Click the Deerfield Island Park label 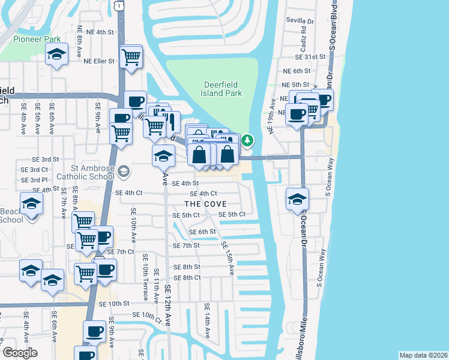click(x=222, y=89)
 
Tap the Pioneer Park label click(x=36, y=39)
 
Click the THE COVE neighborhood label click(x=205, y=204)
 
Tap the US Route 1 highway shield click(x=121, y=5)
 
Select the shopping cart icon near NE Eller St click(x=131, y=58)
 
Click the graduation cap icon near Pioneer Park click(x=56, y=55)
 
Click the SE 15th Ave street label click(x=226, y=257)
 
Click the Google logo click(x=20, y=353)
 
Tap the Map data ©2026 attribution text click(x=422, y=355)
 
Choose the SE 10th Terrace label click(x=145, y=277)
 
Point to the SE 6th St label click(x=202, y=232)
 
